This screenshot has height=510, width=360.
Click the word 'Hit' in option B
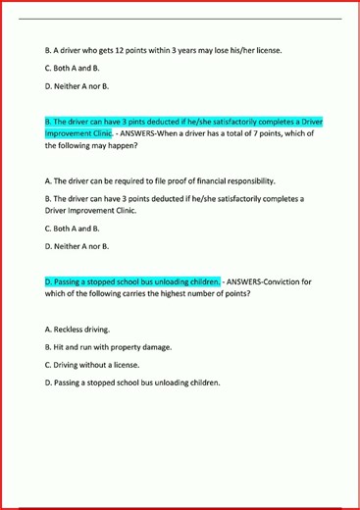(x=62, y=347)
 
